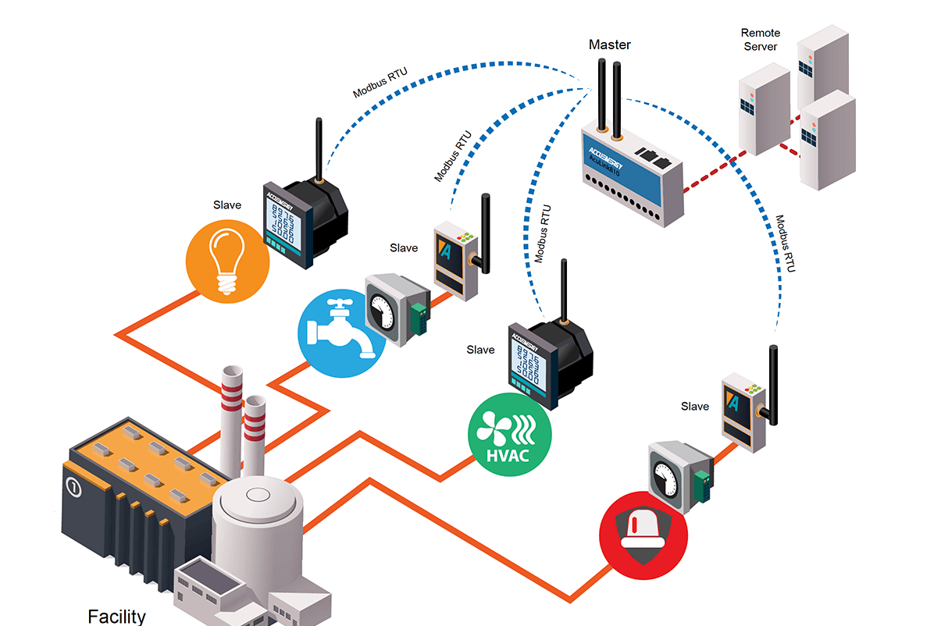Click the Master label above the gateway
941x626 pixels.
[609, 44]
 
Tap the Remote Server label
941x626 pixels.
[760, 40]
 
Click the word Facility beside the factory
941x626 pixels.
[116, 616]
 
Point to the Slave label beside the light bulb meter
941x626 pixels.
[227, 205]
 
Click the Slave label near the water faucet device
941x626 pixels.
[404, 248]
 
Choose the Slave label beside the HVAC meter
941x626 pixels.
[480, 350]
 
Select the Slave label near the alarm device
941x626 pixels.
[695, 406]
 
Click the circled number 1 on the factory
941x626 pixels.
[74, 487]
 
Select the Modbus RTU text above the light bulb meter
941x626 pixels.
[380, 84]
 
